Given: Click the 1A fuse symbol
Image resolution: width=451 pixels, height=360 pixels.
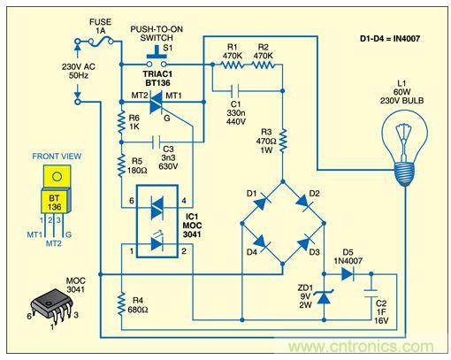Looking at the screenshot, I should click(x=100, y=41).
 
